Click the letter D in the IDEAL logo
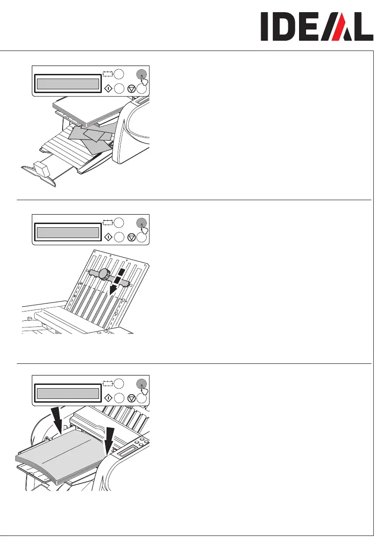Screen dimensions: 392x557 coord(285,27)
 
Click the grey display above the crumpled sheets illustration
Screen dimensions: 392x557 coord(68,84)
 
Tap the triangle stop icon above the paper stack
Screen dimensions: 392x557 coord(131,398)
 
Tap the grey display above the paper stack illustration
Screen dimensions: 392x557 coord(68,394)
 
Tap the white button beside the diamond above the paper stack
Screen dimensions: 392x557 coord(118,398)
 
